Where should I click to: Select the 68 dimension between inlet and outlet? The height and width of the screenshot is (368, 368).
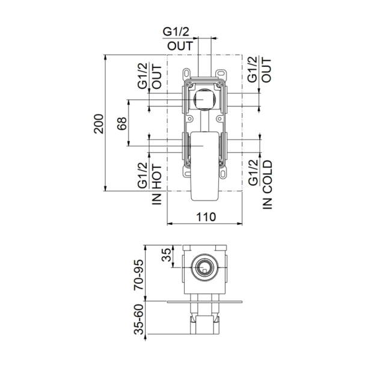tap(122, 124)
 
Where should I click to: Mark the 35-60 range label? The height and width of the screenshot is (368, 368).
tap(139, 320)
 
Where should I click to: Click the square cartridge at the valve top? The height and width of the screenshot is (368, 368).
tap(205, 98)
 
